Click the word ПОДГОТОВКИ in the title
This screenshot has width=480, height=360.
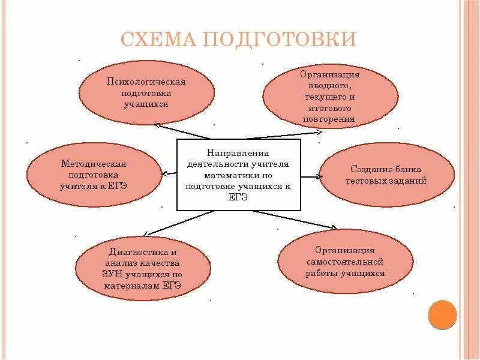tap(280, 40)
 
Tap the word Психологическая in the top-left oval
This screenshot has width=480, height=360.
tap(146, 82)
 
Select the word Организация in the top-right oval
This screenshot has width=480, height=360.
tap(330, 74)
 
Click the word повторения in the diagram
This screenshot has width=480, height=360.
tap(330, 119)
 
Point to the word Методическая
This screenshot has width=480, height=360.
tap(94, 163)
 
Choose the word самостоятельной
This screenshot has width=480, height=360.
tap(345, 261)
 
